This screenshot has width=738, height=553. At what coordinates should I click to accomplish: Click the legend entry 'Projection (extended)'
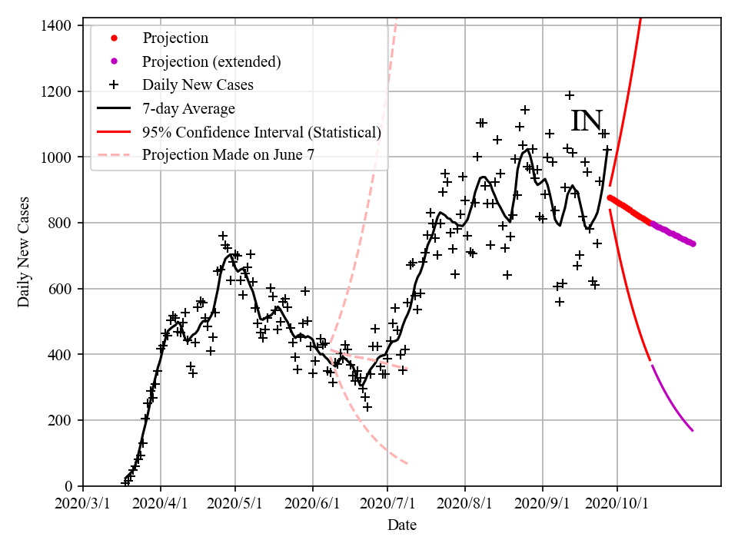[x=211, y=61]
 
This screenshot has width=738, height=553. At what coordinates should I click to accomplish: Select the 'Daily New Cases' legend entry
[x=198, y=84]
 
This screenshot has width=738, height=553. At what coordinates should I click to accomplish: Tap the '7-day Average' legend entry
[x=188, y=108]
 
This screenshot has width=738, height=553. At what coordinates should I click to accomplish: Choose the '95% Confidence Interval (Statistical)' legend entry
[x=261, y=132]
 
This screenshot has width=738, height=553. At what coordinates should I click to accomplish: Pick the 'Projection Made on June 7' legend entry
[x=228, y=155]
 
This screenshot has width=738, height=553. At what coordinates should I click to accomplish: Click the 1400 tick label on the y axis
[x=55, y=25]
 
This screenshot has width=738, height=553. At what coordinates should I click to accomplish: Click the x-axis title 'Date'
[x=402, y=525]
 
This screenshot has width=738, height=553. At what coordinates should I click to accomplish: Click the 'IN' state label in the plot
[x=587, y=121]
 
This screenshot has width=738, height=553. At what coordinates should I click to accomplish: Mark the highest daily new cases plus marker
[x=570, y=95]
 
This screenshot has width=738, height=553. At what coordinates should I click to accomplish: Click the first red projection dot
[x=610, y=197]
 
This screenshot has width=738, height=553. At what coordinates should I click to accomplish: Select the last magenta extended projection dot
[x=693, y=243]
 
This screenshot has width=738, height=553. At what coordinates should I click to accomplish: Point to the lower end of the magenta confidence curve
[x=693, y=431]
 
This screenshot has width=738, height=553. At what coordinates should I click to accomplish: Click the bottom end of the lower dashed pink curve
[x=407, y=463]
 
